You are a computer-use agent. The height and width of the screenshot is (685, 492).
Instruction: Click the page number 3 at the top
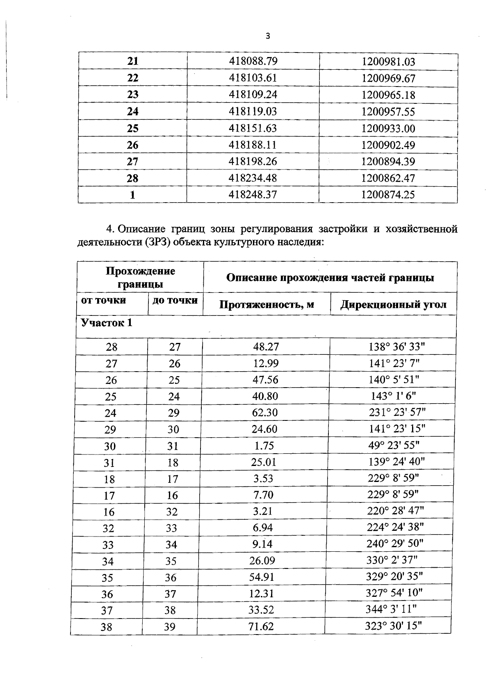tap(268, 36)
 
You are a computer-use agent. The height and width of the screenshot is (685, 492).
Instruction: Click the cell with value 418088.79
tap(253, 61)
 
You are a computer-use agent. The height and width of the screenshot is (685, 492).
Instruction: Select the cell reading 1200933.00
tap(388, 128)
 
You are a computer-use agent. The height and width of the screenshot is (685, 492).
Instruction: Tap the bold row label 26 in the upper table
tap(132, 145)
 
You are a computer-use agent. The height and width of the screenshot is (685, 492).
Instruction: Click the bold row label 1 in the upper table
tap(132, 195)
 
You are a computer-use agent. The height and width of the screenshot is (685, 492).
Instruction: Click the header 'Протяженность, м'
tap(266, 305)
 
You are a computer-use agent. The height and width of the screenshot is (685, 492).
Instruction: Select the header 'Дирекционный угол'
tap(393, 305)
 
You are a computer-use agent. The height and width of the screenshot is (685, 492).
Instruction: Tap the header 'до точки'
tap(175, 300)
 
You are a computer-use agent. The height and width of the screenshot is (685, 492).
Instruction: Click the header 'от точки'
tap(104, 300)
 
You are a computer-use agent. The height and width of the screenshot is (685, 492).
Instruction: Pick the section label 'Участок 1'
tap(107, 323)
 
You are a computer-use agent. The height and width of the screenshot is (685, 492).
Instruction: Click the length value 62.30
tap(265, 413)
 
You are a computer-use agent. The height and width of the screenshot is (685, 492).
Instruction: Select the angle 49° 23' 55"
tap(394, 445)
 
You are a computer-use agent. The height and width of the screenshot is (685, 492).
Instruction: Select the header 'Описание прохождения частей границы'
tap(330, 278)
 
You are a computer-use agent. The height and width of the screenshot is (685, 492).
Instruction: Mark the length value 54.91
tap(262, 577)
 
